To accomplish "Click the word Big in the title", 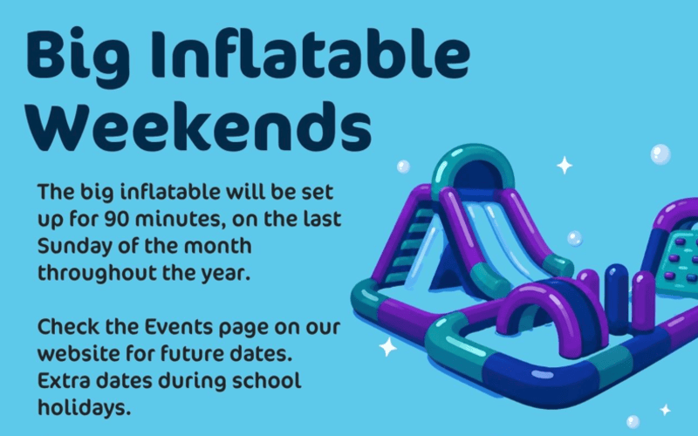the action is coord(79,57).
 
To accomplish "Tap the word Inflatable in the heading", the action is coord(311,52).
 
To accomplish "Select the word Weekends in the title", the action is coord(199,126).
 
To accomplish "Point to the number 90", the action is coord(117,219).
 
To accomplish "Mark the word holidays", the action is coord(84,408).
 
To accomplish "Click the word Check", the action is coord(69,327).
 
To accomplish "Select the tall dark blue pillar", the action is coord(617,299).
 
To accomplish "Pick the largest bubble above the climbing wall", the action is coord(660,154).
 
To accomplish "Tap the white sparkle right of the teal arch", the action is coord(565,165).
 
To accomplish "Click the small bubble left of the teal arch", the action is coord(403,167).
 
